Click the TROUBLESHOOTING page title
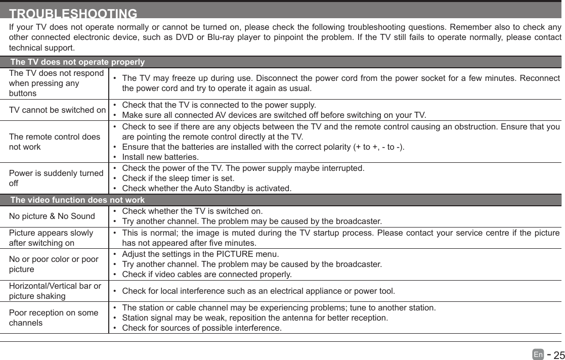pos(73,14)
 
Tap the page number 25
pos(558,355)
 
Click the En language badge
pos(538,355)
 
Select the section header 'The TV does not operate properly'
pos(77,62)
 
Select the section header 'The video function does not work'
pos(77,200)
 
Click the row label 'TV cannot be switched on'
pos(58,110)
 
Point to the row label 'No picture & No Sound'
pos(52,216)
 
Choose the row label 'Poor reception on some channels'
pos(54,318)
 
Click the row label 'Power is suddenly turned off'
pos(56,178)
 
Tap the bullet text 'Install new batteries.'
pos(160,157)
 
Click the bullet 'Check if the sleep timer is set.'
pos(178,178)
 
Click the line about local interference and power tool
pos(258,291)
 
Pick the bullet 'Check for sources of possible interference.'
pos(202,328)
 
